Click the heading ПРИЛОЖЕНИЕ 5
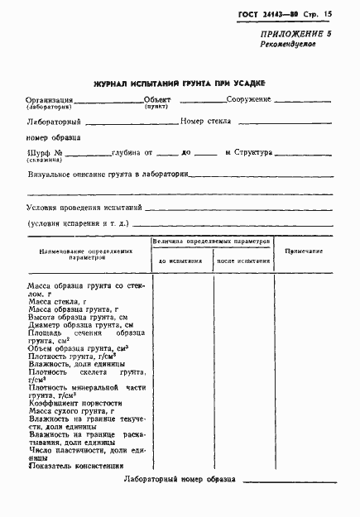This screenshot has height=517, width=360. point(295,56)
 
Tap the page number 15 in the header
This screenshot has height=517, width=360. point(329,14)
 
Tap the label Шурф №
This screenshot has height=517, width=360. point(45,153)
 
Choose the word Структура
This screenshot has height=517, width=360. point(259,153)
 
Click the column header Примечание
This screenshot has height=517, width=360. point(304,250)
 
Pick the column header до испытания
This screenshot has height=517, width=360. point(180,261)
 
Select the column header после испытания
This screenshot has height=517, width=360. point(244,261)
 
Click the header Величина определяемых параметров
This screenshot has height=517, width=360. point(212,240)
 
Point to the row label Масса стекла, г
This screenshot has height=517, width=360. point(63,302)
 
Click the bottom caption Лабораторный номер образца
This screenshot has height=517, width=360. point(180,480)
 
